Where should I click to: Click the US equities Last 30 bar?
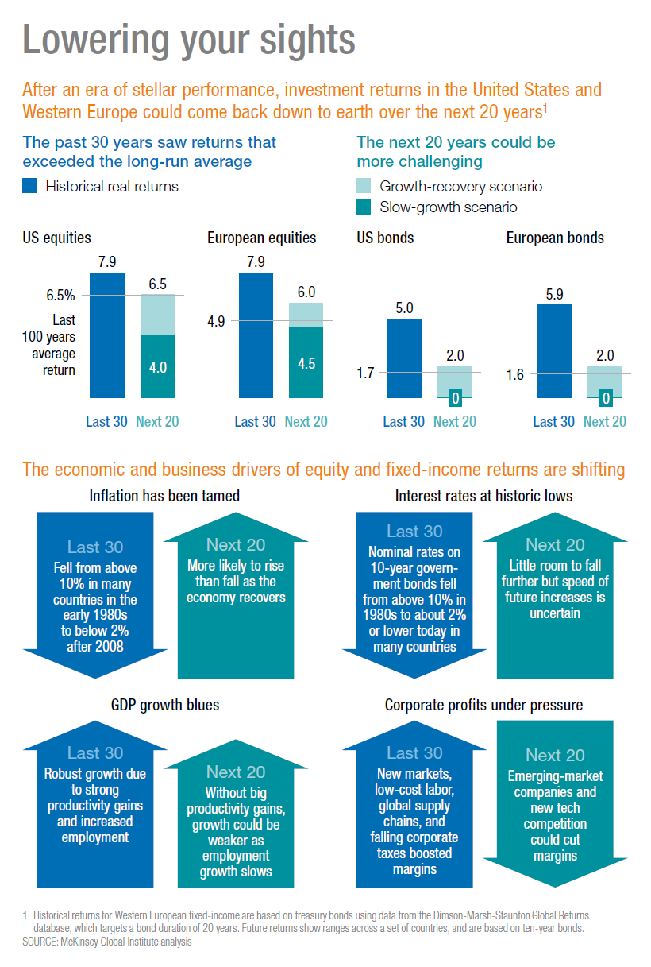pos(106,335)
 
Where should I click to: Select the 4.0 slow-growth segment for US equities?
pos(157,366)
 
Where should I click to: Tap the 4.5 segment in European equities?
pos(306,362)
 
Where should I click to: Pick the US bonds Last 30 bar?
pos(404,358)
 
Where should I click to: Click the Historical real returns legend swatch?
pos(30,187)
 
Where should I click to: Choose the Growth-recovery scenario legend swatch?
pos(364,187)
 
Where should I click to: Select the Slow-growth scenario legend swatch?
pos(364,207)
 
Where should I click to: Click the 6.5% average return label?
pos(60,296)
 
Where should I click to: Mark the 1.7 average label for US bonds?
pos(367,372)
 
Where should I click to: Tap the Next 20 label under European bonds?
pos(604,422)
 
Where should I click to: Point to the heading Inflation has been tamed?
pos(164,497)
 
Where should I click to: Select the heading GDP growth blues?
pos(165,705)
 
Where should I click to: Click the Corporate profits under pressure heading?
pos(483,705)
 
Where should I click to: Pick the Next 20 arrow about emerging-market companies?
pos(554,803)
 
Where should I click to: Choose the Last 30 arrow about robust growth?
pos(94,803)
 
